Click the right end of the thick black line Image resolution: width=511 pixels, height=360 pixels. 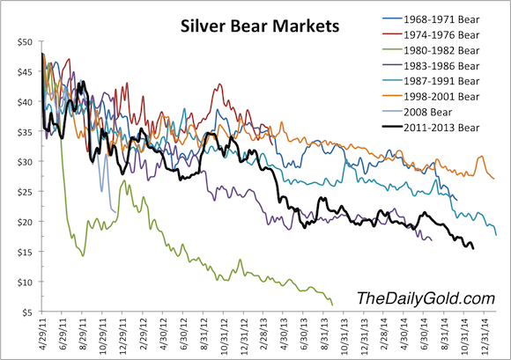coord(473,248)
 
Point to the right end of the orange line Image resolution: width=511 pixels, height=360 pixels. coord(494,179)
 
